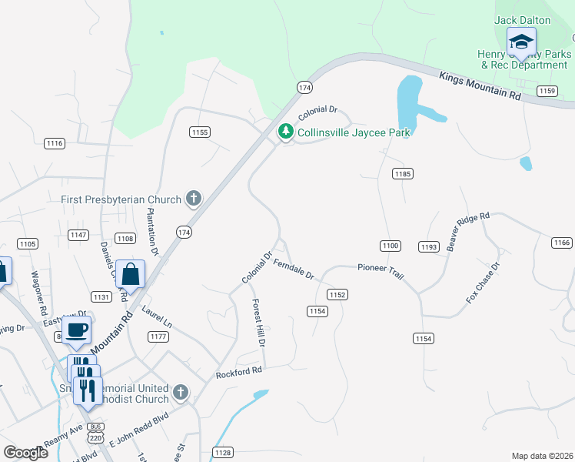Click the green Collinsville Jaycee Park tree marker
[286, 132]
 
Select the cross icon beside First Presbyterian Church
[193, 199]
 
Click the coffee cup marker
[76, 330]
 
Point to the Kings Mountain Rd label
[480, 85]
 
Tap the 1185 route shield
[403, 174]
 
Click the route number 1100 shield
[390, 246]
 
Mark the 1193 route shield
[429, 246]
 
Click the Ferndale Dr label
[294, 269]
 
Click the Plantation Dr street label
[152, 231]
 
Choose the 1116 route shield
[55, 143]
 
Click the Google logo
[25, 452]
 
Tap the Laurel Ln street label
[157, 317]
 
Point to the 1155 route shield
[199, 132]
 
